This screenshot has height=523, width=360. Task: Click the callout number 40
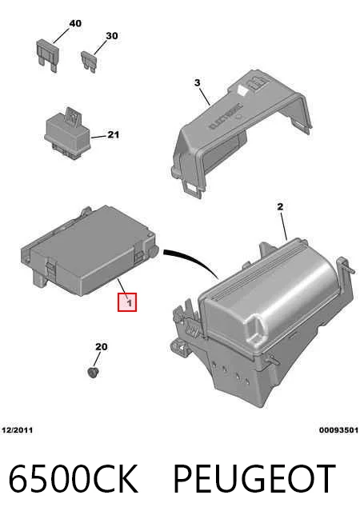coord(75,23)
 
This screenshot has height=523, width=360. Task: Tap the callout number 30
coord(112,35)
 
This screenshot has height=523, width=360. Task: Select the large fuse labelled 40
coord(47,55)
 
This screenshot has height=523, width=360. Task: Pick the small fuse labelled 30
coord(89,61)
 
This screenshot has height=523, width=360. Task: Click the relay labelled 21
coord(67,133)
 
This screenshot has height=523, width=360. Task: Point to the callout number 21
coord(113,135)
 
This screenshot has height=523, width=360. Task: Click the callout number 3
coord(197,82)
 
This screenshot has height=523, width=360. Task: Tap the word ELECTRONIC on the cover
coord(226,115)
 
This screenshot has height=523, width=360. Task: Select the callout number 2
coord(280,207)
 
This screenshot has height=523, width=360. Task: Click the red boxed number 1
coord(127,302)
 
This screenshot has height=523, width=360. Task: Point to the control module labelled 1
coord(90,250)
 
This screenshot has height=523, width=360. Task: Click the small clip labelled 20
coord(93,372)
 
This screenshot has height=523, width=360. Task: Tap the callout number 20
coord(102,347)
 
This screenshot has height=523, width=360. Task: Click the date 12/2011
coord(18,430)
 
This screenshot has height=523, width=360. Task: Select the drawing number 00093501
coord(338,430)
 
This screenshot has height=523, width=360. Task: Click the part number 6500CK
coord(73,478)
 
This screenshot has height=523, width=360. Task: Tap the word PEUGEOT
coord(254,478)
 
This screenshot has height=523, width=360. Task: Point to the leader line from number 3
coord(205,96)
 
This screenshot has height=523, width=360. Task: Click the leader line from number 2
coord(283,226)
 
